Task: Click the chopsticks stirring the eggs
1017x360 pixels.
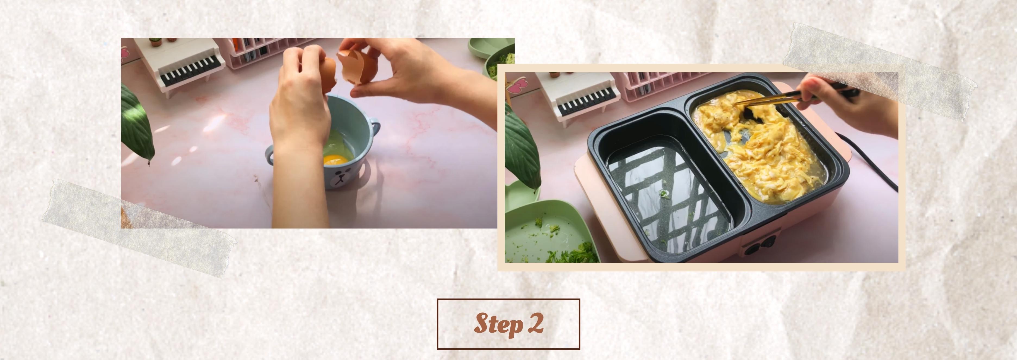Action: [780, 97]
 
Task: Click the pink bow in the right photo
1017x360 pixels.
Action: [517, 86]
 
